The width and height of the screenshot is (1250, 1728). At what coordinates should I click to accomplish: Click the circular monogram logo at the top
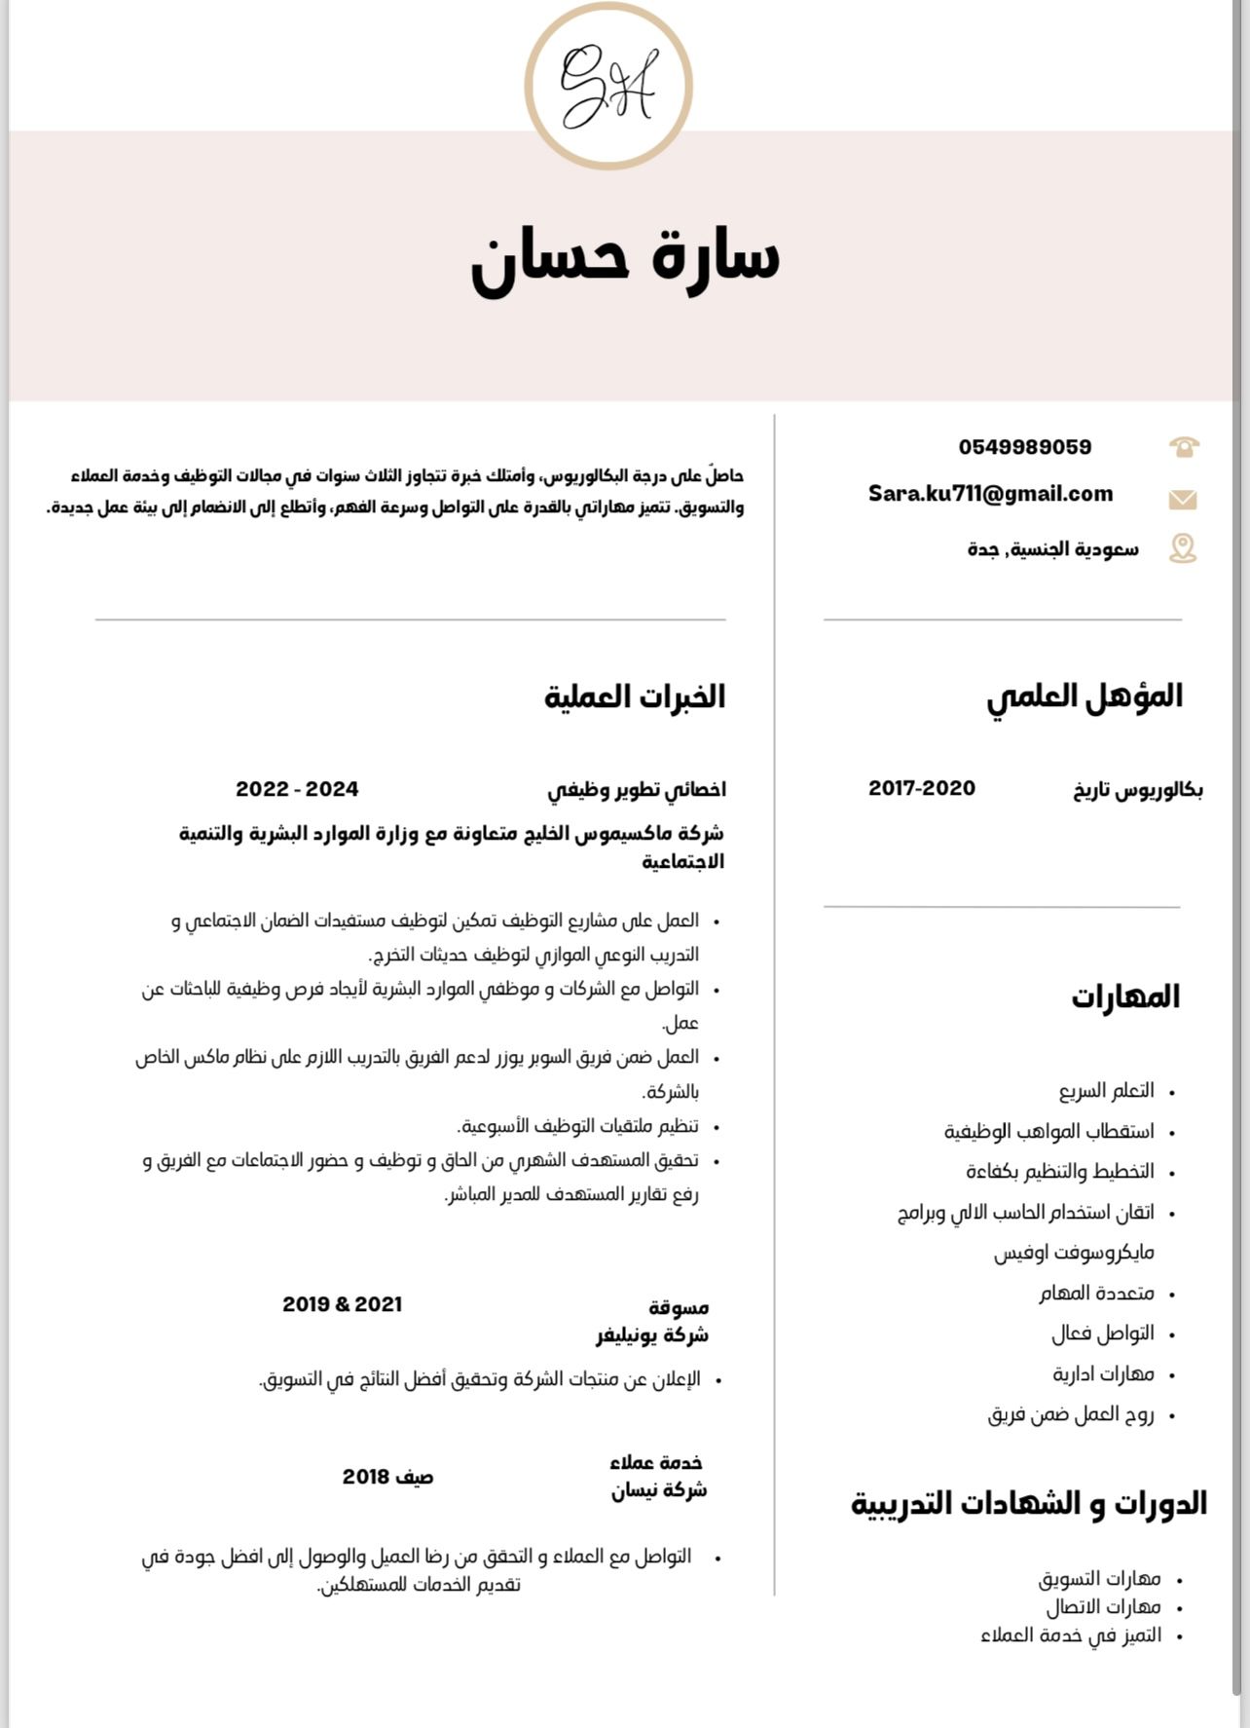608,86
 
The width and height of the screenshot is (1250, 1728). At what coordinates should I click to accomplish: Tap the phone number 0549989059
1024,447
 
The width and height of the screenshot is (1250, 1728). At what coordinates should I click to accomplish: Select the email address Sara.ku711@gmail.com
990,494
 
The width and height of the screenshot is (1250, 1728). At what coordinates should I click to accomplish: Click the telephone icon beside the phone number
1183,447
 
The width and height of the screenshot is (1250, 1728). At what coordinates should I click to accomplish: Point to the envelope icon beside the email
1182,500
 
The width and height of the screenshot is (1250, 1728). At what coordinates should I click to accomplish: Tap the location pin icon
1182,548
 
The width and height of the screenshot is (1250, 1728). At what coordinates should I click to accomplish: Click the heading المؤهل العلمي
1085,697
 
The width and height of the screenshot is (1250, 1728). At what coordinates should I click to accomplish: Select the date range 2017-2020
921,788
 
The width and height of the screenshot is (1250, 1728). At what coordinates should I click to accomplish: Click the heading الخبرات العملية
635,697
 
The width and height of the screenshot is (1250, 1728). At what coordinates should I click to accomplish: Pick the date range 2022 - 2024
297,789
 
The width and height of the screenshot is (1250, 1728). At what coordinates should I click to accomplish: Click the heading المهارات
1125,997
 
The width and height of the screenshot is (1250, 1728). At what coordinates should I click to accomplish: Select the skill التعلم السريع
1106,1091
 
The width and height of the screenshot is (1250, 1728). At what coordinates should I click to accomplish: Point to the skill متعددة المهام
1096,1294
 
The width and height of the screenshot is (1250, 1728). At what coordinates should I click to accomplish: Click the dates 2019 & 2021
342,1304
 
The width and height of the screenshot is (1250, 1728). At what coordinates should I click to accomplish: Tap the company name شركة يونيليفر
652,1335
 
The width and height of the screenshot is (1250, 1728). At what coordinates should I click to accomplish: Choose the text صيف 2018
387,1477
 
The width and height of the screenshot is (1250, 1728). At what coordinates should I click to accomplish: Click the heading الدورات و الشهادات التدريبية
1029,1504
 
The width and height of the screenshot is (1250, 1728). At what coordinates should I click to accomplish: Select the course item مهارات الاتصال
1103,1607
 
